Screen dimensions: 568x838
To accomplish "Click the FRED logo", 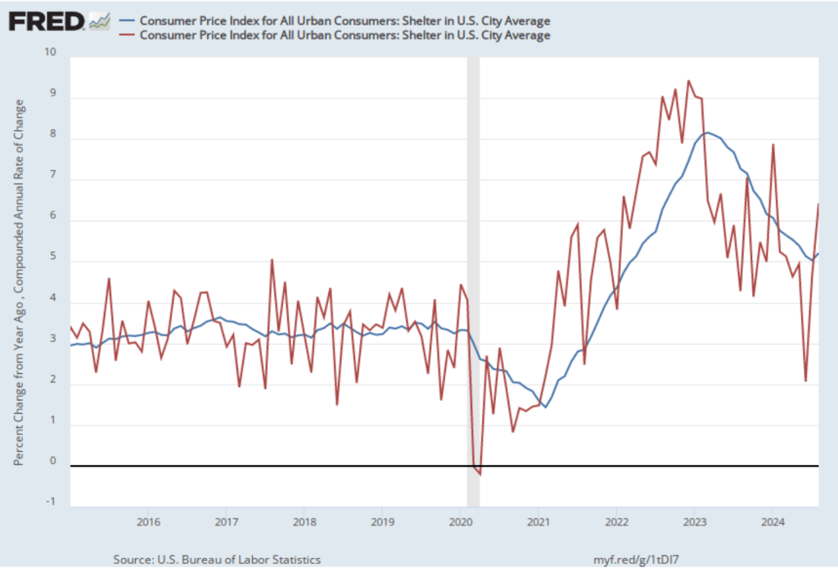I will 47,20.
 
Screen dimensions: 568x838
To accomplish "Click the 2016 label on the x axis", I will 148,521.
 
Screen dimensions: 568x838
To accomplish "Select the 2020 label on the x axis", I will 460,521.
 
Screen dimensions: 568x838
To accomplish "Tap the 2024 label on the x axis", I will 773,521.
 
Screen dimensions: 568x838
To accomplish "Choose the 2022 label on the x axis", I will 616,521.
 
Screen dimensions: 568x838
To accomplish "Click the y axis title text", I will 19,282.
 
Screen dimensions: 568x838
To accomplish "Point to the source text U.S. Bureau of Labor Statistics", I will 217,559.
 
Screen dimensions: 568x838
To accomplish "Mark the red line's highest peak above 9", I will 688,81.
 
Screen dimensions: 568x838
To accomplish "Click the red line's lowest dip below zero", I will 480,474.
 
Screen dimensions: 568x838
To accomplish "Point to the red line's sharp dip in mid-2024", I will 805,381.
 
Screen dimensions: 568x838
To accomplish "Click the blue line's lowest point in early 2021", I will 545,407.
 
